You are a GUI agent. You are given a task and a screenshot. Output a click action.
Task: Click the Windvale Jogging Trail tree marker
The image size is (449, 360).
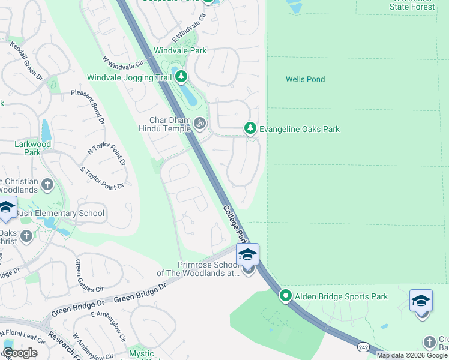pos(181,77)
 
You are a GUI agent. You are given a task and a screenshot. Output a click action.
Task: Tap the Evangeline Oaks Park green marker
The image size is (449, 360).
pos(250,128)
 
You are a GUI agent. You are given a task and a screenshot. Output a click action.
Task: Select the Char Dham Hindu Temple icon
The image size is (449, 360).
pos(200,124)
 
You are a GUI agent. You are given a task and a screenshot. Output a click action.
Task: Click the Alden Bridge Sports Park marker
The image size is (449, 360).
pos(286,296)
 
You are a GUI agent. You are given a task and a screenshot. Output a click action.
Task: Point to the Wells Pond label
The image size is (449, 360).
pos(305,79)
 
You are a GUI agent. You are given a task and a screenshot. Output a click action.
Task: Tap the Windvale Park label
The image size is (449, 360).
pos(180,50)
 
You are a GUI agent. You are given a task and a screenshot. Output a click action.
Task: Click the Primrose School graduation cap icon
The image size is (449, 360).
pos(247,255)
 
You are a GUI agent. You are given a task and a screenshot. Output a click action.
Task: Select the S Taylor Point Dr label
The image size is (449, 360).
pos(102,178)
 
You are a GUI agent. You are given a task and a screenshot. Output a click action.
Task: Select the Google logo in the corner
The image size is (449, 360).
pos(20,353)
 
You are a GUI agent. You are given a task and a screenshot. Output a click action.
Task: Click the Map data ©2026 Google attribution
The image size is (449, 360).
pos(412,355)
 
